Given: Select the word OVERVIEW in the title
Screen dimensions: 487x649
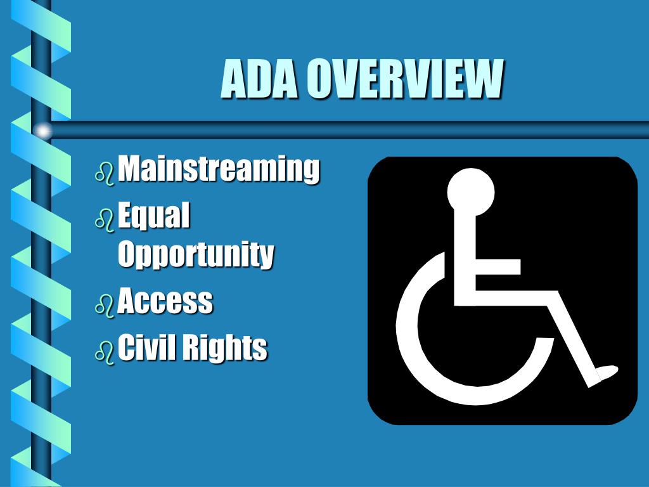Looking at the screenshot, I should coord(404,79).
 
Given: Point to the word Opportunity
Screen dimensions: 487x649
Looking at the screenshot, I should coord(196,255).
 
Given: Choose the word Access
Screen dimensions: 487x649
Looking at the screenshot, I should coord(165,301).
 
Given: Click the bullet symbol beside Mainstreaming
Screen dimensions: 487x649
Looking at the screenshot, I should coord(105,172).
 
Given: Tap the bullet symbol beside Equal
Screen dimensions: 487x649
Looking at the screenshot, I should coord(105,219).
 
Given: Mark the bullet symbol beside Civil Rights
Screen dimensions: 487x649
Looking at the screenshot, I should coord(105,351).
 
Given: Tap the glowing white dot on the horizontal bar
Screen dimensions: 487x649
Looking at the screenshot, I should coord(42,131).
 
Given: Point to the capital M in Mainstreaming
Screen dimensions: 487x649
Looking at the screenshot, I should coord(132,168).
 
